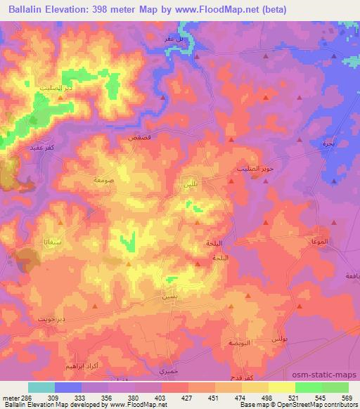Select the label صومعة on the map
click(x=85, y=179)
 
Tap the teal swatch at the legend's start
click(x=41, y=387)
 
